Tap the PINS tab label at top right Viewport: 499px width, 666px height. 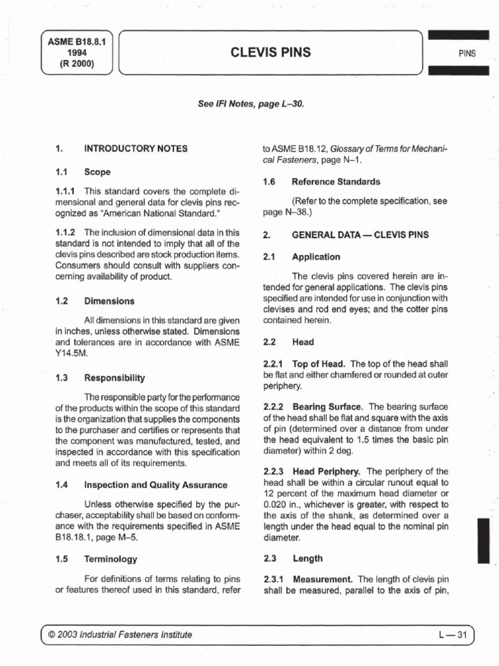(x=466, y=53)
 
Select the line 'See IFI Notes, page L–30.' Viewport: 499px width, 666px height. (x=250, y=103)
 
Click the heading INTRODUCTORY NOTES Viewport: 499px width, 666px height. (x=136, y=148)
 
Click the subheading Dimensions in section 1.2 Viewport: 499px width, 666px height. (x=109, y=301)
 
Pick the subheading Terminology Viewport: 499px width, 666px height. (x=111, y=559)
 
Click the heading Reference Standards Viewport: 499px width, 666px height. (x=337, y=181)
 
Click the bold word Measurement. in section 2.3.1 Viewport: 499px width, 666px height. (x=323, y=579)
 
